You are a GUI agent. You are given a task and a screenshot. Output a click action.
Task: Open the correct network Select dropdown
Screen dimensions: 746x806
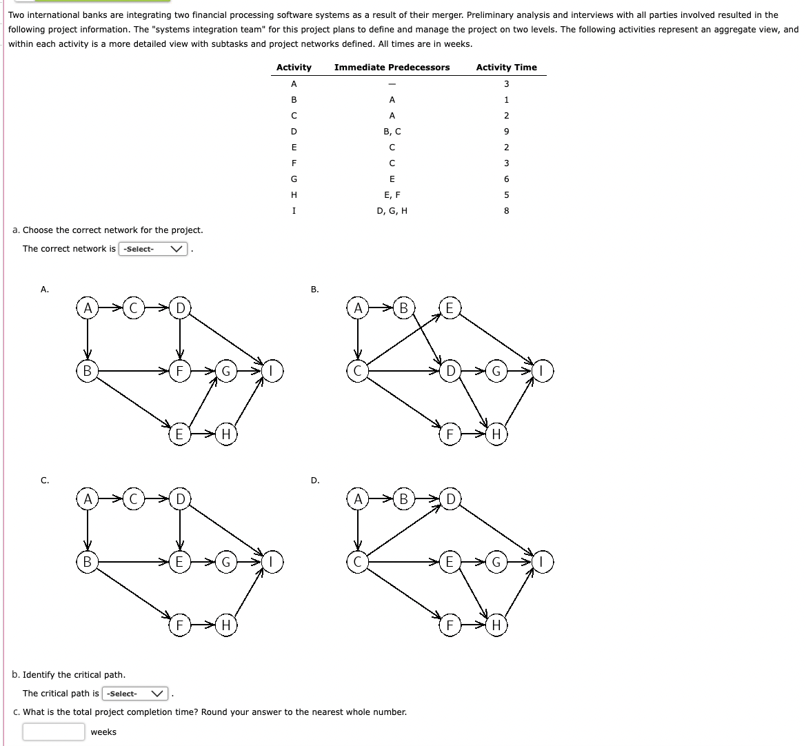pyautogui.click(x=154, y=249)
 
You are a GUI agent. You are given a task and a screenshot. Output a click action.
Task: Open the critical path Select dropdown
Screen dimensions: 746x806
pyautogui.click(x=137, y=693)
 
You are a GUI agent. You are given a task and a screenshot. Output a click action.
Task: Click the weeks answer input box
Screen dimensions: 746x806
pyautogui.click(x=53, y=732)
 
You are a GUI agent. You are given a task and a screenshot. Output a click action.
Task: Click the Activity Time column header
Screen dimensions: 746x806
pyautogui.click(x=506, y=67)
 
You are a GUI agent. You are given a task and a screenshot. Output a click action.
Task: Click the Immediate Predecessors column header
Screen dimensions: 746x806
pyautogui.click(x=392, y=67)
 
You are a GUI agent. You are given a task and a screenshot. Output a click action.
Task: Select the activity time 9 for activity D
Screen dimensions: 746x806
pyautogui.click(x=506, y=131)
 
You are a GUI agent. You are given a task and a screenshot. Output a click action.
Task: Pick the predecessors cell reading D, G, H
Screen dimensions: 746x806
pyautogui.click(x=392, y=211)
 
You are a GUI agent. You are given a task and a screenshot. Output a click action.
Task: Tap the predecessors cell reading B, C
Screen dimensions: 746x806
pyautogui.click(x=392, y=131)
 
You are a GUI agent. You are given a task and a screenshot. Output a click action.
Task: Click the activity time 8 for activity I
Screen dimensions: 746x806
pyautogui.click(x=506, y=211)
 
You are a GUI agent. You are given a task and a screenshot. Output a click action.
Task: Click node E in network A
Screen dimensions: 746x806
pyautogui.click(x=179, y=434)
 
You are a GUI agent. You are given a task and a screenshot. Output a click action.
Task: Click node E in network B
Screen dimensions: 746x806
pyautogui.click(x=450, y=308)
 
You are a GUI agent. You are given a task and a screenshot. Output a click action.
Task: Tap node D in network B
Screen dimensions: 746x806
pyautogui.click(x=450, y=372)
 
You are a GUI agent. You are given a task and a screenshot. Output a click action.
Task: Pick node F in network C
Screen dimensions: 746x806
pyautogui.click(x=179, y=625)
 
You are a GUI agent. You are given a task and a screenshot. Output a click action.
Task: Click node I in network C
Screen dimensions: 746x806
pyautogui.click(x=272, y=563)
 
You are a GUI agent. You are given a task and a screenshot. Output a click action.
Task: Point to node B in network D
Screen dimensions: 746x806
pyautogui.click(x=403, y=498)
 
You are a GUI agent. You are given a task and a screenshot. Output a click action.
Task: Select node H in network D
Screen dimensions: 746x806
pyautogui.click(x=496, y=625)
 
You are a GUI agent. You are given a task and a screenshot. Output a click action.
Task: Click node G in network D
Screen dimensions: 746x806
pyautogui.click(x=496, y=563)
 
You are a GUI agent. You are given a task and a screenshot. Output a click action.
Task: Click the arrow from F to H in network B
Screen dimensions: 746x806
pyautogui.click(x=472, y=434)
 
